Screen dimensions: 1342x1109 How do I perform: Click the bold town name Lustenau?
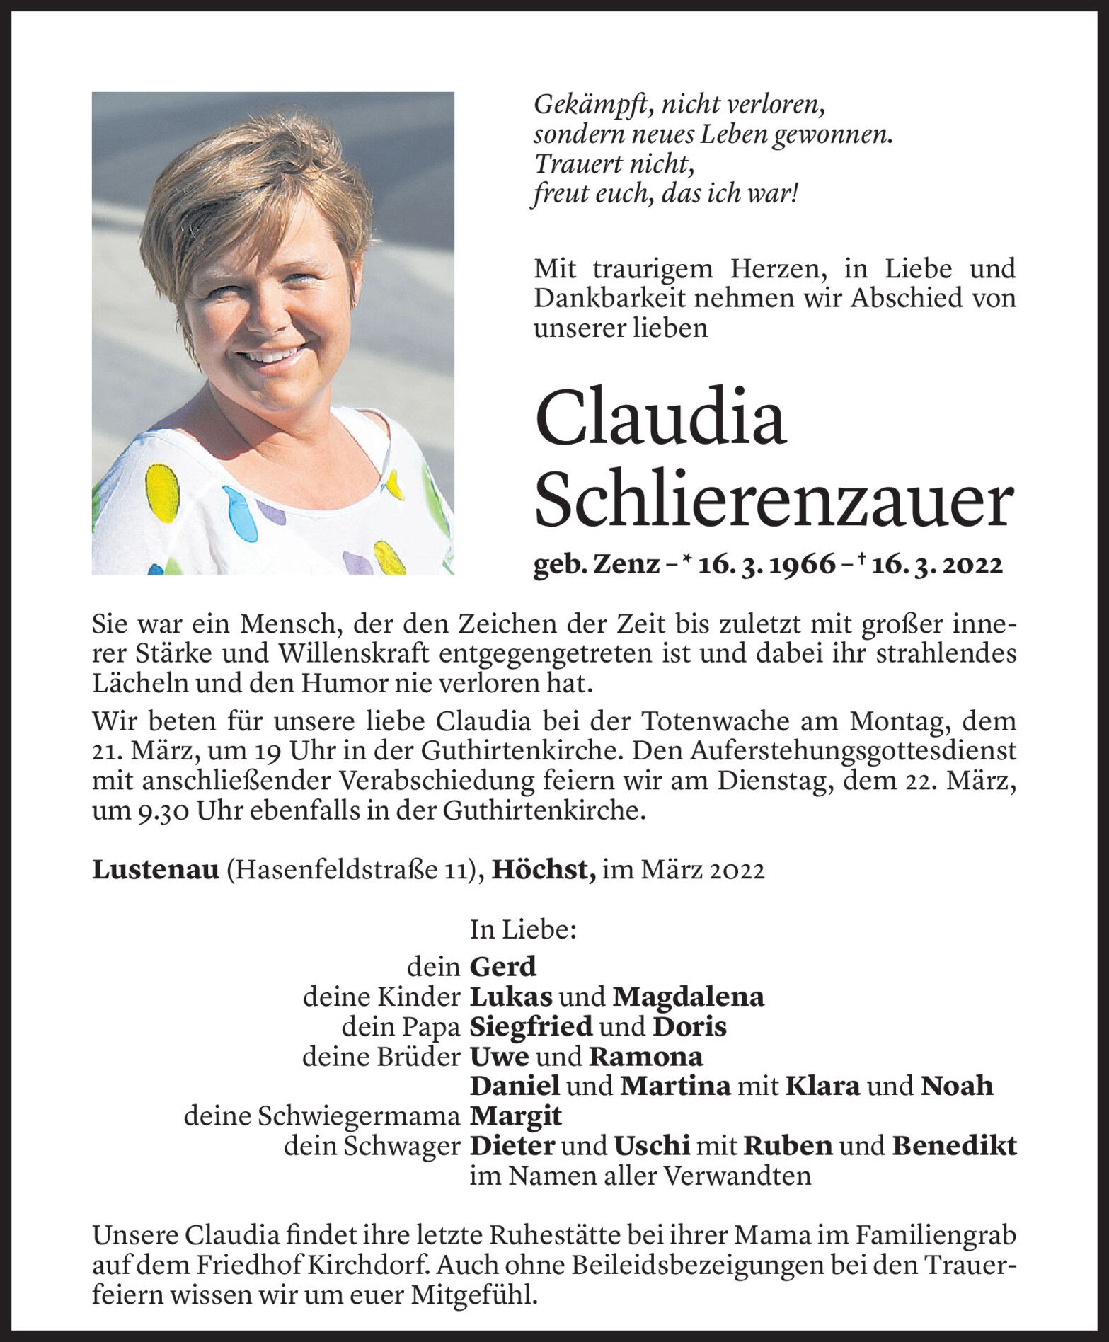coord(156,870)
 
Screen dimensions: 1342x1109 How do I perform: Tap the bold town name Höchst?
coord(542,870)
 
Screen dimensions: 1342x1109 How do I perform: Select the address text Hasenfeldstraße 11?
coord(350,870)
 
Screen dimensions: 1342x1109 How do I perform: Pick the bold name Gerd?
coord(503,966)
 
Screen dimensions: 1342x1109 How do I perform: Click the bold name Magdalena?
coord(688,997)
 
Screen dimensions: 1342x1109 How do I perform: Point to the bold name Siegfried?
coord(531,1026)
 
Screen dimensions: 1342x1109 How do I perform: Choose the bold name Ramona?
coord(645,1056)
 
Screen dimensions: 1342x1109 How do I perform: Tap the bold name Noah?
coord(957,1086)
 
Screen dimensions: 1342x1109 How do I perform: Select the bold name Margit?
coord(515,1116)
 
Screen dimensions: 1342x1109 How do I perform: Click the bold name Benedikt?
coord(954,1146)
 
